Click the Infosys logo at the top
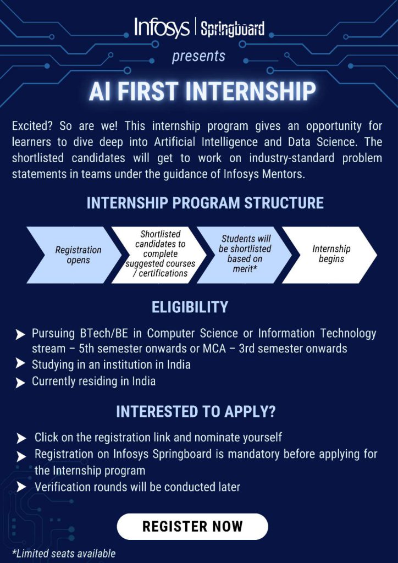(x=162, y=27)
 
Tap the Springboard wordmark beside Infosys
(x=233, y=29)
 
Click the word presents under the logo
(x=198, y=56)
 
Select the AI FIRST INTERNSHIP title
(x=202, y=91)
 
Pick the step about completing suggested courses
(x=159, y=255)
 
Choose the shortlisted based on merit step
(x=245, y=255)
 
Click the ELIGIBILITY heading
(x=190, y=308)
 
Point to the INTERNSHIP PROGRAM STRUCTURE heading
(x=205, y=203)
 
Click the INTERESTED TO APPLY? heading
(x=196, y=412)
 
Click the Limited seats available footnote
(x=64, y=553)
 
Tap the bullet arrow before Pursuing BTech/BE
(x=20, y=335)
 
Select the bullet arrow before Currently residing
(x=20, y=383)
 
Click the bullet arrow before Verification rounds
(x=21, y=487)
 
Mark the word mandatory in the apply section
(x=254, y=454)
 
